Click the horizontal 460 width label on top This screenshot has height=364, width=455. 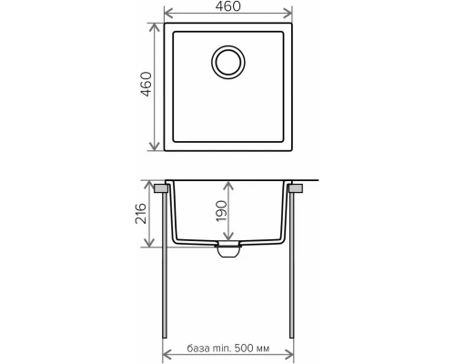pos(228,8)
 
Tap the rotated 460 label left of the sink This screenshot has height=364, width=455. pos(145,86)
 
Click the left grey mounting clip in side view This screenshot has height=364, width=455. pos(160,188)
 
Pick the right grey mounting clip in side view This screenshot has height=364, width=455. pos(296,188)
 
